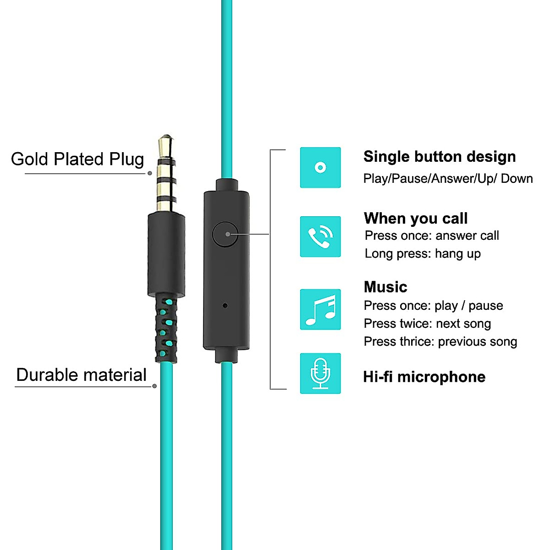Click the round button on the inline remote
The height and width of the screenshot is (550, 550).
tap(225, 234)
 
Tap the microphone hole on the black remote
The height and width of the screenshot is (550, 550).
tap(225, 305)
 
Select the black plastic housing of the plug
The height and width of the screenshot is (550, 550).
tap(166, 254)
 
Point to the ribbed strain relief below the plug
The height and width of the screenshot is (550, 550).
tap(166, 329)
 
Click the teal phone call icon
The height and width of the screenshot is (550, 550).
tap(320, 236)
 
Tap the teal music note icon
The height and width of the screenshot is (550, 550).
tap(320, 309)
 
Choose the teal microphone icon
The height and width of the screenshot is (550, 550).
tap(320, 374)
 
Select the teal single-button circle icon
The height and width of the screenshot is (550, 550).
tap(320, 168)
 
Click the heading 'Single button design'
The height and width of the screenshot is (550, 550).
tap(440, 157)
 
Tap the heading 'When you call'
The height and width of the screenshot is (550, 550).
tap(416, 218)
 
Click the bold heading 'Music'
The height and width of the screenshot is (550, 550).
tap(385, 287)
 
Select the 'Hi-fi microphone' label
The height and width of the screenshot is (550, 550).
tap(424, 377)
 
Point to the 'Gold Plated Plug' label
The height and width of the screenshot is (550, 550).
tap(77, 159)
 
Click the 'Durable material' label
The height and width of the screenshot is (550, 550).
tap(81, 375)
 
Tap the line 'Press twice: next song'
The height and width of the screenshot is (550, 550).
tap(427, 324)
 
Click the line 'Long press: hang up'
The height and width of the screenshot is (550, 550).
tap(423, 253)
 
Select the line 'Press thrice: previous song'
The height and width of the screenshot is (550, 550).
tap(440, 341)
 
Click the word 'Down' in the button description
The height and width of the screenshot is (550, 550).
tap(517, 179)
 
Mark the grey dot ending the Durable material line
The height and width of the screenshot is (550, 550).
tap(154, 386)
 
